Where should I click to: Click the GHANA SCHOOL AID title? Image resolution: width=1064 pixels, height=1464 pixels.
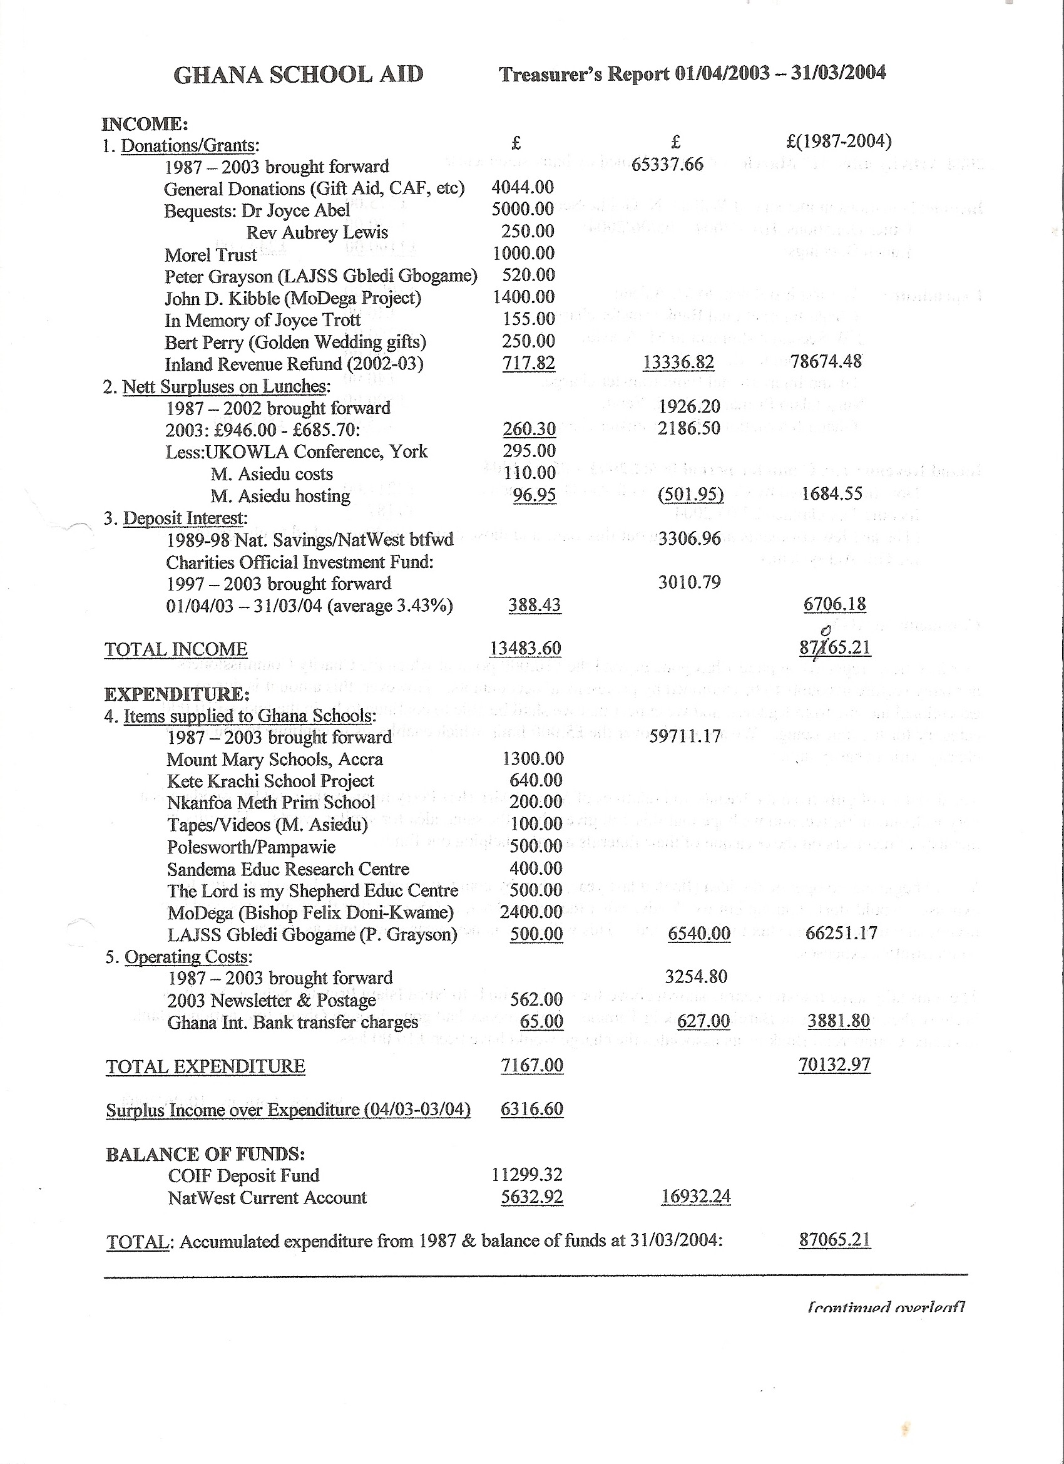298,75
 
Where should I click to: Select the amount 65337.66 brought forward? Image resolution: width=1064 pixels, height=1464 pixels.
667,165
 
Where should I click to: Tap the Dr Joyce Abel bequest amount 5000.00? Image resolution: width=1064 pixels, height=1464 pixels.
523,209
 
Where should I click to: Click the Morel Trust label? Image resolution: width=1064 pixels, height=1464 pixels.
210,255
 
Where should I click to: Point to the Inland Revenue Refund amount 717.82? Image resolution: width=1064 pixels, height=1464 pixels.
528,363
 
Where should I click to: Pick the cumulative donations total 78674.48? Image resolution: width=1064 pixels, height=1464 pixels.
826,361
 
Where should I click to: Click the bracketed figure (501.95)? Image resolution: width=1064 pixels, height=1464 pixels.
690,495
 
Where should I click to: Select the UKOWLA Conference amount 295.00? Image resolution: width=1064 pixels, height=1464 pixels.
529,451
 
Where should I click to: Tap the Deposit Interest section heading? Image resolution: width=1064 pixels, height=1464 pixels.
185,518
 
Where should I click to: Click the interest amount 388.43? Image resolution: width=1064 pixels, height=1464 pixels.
535,606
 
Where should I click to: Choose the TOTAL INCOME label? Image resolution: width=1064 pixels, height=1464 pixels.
175,649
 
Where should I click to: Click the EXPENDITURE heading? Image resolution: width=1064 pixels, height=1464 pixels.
176,694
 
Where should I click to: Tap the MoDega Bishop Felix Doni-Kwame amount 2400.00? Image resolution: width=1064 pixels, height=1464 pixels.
531,912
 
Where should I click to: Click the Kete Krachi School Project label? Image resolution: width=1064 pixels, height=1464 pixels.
270,781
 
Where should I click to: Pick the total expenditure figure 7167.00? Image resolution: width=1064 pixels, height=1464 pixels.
531,1065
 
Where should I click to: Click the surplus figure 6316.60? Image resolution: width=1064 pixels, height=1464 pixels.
531,1109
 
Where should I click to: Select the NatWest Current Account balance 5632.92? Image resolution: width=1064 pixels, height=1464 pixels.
531,1197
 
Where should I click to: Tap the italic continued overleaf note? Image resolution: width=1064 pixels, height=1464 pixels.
885,1307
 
